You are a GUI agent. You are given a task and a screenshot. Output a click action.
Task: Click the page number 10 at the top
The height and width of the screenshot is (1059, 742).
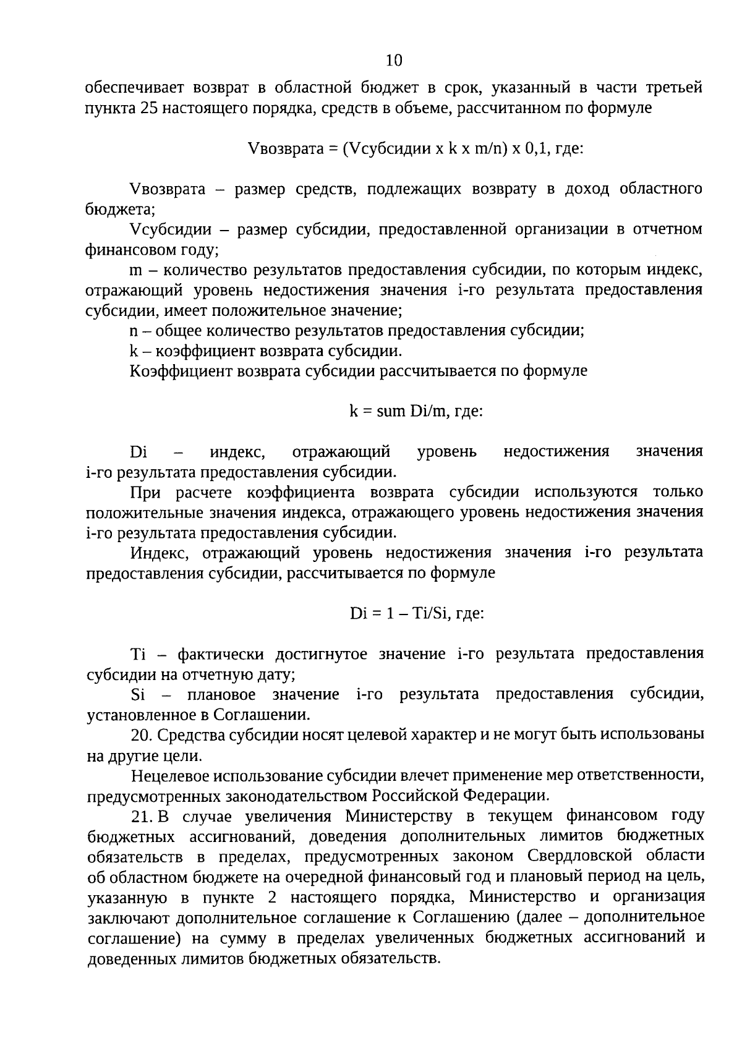394,60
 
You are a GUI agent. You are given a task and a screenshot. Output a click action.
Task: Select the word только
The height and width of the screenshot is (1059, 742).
678,492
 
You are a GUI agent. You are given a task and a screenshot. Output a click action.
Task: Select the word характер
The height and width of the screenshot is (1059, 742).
442,735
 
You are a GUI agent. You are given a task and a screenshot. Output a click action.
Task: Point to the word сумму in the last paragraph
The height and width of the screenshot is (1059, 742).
241,938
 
